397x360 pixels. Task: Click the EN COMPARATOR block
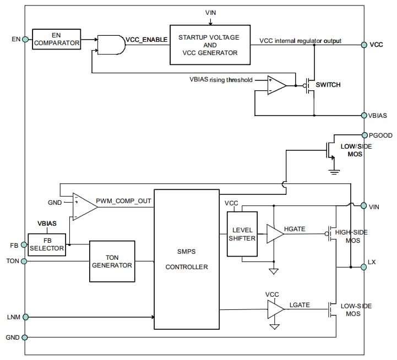(56, 39)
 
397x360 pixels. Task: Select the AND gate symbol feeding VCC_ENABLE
(111, 45)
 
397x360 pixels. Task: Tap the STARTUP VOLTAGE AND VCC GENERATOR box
(210, 45)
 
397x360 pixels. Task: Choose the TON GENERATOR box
(112, 261)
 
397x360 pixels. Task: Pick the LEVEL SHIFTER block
(242, 234)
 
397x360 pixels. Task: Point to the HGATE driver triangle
(274, 234)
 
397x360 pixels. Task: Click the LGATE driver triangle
(274, 310)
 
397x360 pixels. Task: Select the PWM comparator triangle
(84, 207)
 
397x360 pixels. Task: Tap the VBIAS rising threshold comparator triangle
(276, 85)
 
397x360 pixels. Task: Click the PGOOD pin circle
(364, 135)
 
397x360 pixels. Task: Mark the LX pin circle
(364, 267)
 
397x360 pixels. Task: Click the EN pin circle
(25, 39)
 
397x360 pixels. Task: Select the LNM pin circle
(25, 317)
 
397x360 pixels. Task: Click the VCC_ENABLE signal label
(146, 40)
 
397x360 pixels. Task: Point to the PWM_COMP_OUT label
(123, 201)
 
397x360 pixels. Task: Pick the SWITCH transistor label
(328, 85)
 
